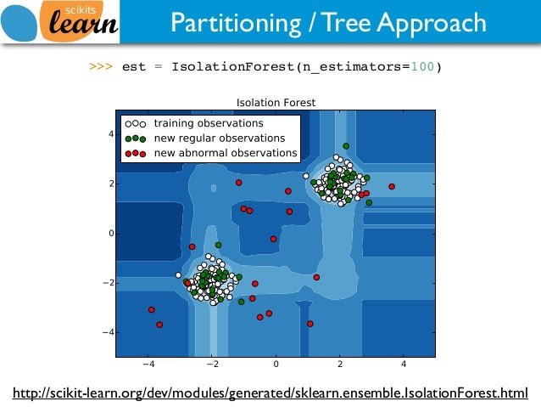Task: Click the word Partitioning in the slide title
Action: pos(227,23)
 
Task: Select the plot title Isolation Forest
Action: pos(276,102)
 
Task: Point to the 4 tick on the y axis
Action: pos(110,134)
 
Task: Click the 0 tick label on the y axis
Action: pos(110,233)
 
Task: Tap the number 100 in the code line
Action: pos(423,66)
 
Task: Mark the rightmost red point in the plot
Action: pos(392,186)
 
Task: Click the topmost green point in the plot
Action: pos(346,146)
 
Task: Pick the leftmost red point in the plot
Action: pos(152,310)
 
